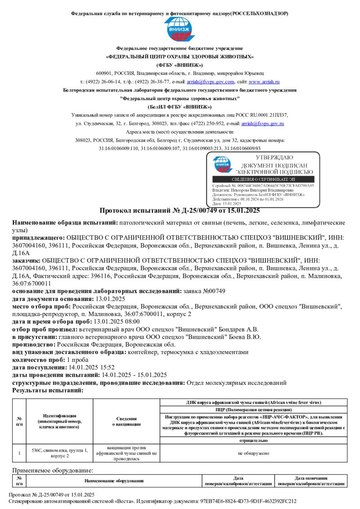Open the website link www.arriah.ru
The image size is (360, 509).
click(x=264, y=82)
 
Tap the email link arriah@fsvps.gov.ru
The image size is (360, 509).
click(x=262, y=123)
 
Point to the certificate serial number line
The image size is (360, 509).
click(x=263, y=185)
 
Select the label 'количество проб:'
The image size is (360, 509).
click(x=39, y=360)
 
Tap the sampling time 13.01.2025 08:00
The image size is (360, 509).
click(x=116, y=321)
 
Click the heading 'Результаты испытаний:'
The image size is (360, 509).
click(x=48, y=390)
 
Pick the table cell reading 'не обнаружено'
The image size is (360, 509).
click(x=254, y=453)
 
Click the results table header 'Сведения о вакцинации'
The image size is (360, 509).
click(x=126, y=421)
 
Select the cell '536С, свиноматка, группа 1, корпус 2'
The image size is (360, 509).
click(x=60, y=453)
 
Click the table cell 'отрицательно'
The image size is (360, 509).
click(x=254, y=441)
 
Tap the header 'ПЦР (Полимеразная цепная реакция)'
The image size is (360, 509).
click(x=254, y=410)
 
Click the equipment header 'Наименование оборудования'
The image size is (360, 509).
click(x=114, y=481)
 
